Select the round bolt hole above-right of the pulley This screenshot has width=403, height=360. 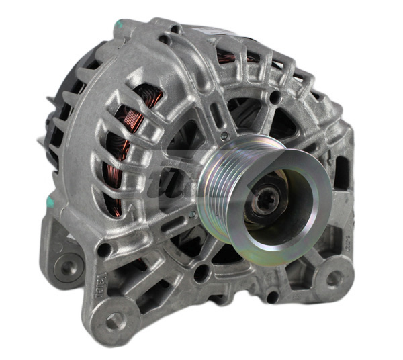275,99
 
